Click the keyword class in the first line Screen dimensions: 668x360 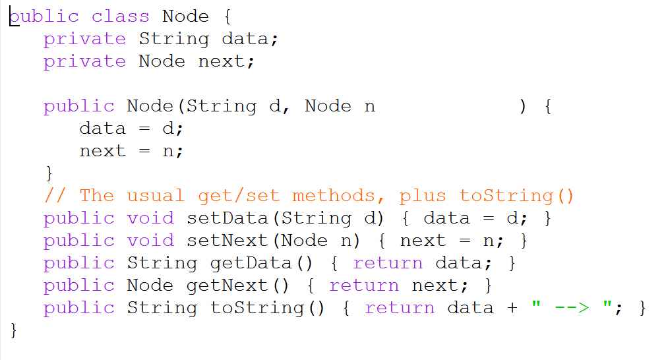[x=120, y=16]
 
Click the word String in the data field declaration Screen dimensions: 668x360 [x=173, y=39]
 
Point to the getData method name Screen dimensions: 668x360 [x=251, y=263]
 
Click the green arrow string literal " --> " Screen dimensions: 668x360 [x=572, y=308]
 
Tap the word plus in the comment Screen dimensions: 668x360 [x=423, y=196]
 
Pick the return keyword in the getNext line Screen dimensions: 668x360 [x=363, y=285]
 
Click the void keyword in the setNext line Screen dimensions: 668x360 [x=150, y=241]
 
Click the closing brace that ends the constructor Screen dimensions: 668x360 [x=48, y=173]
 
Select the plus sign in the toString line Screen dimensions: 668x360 [x=512, y=308]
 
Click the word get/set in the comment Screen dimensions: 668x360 [x=239, y=196]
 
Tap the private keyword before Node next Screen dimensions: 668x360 [x=84, y=61]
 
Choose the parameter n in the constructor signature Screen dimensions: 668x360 [x=369, y=106]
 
